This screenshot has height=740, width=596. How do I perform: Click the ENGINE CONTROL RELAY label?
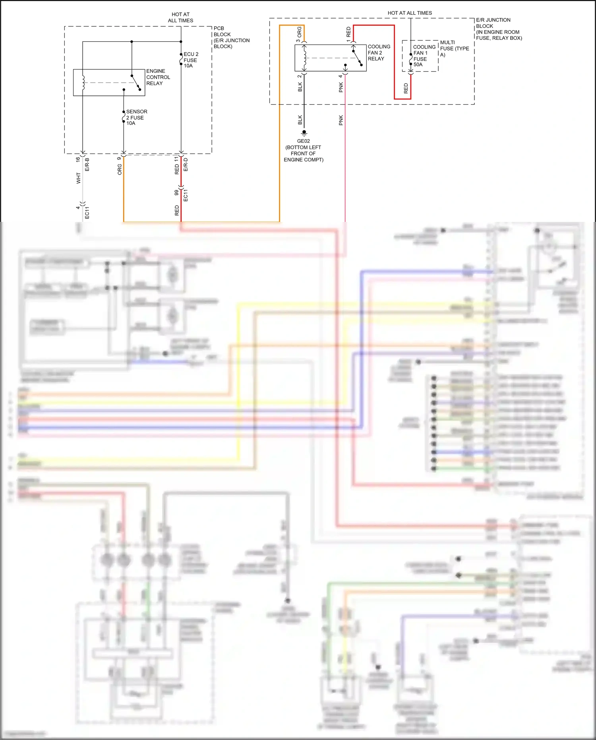click(x=158, y=77)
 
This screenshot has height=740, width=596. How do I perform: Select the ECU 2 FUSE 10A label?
click(x=190, y=60)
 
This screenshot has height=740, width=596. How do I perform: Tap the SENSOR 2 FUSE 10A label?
click(x=136, y=117)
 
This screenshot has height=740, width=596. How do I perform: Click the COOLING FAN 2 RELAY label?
click(x=378, y=52)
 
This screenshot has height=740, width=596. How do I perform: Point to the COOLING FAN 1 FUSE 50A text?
click(x=424, y=56)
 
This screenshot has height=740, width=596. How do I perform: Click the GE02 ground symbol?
click(x=304, y=133)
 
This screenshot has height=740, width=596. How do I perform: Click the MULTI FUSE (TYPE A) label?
click(x=454, y=48)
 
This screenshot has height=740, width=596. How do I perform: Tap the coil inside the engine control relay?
click(x=83, y=82)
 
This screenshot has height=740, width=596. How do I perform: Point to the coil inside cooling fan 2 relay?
click(x=305, y=58)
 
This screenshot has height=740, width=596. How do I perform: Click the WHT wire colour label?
click(x=79, y=178)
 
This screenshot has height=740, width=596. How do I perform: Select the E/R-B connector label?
click(x=87, y=164)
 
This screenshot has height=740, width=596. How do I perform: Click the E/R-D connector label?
click(x=186, y=164)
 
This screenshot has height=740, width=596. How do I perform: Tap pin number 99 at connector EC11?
click(x=176, y=192)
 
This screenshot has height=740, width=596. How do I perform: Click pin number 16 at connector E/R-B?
click(x=78, y=159)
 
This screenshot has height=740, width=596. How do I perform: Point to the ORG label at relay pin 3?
click(x=300, y=31)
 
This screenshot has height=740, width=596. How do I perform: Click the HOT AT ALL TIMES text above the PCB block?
click(x=180, y=17)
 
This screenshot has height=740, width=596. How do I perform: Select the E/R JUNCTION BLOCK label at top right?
click(x=498, y=29)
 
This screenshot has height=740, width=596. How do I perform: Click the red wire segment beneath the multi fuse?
click(x=410, y=87)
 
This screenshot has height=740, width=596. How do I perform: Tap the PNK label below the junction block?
click(x=341, y=120)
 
